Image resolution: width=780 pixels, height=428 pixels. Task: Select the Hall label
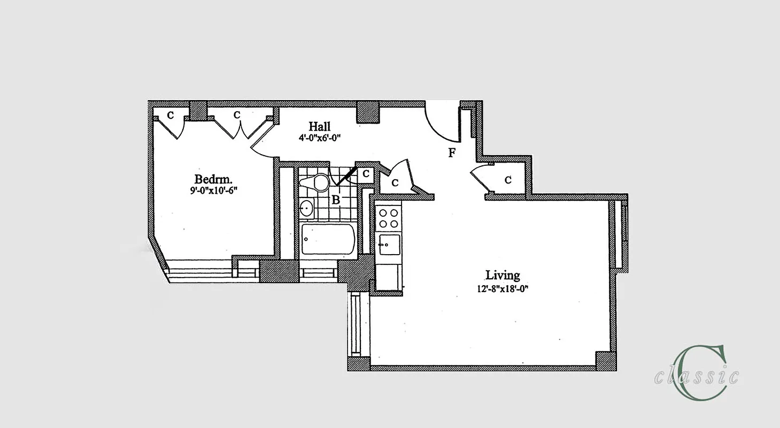[319, 127]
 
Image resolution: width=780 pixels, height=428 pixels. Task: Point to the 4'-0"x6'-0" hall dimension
[320, 137]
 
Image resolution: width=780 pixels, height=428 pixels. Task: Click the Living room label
[503, 276]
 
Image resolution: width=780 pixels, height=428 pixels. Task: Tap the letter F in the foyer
[452, 154]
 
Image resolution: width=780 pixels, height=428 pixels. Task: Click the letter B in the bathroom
[336, 200]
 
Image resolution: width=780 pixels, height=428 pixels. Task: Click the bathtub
[328, 239]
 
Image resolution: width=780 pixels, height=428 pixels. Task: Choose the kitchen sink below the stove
[388, 245]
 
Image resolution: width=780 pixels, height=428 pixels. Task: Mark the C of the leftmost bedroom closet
[171, 114]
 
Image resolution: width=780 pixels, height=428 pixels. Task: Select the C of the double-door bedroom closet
[237, 114]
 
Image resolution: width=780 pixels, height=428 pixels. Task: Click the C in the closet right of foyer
[507, 180]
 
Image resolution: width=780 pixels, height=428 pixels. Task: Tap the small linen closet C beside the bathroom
[366, 173]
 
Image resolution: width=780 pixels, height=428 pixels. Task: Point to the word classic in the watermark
[697, 376]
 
